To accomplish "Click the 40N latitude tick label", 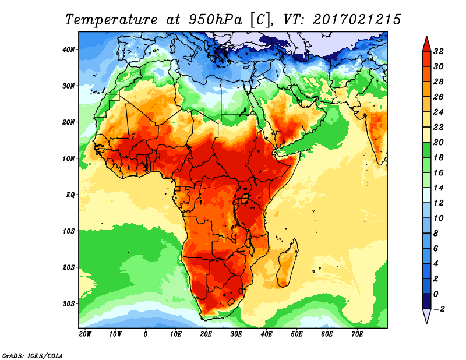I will point(68,49).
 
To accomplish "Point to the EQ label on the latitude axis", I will point(70,195).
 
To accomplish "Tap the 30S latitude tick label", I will point(68,303).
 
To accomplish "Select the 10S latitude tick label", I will point(68,231).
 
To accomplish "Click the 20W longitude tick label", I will point(84,334).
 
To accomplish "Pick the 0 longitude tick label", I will point(145,334).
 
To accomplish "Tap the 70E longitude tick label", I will point(357,334).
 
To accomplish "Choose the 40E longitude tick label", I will point(266,334).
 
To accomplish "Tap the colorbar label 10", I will point(439,218).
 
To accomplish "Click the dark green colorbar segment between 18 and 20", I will point(426,150).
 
